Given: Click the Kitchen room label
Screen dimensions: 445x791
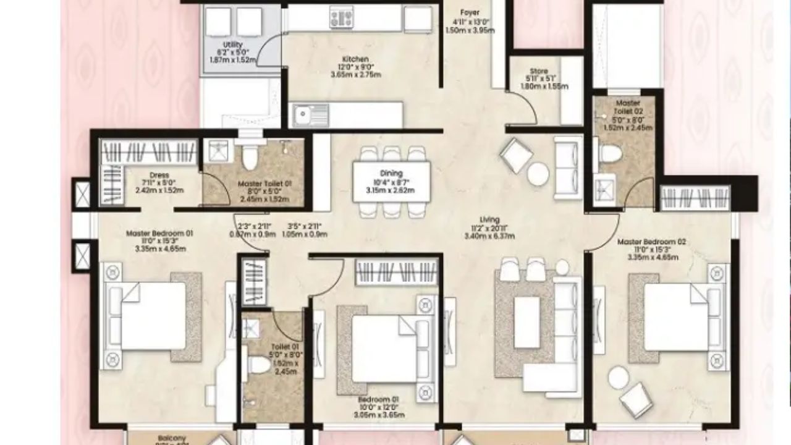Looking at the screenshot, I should point(355,59).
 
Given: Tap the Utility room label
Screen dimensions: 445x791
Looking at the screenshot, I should point(233,44).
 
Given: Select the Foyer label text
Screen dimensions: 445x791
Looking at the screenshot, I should point(470,12).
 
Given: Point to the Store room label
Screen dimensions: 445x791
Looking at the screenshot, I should point(538,72).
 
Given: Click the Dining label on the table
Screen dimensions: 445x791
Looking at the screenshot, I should point(391,174).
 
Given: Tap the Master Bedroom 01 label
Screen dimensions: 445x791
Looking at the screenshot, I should point(160,234).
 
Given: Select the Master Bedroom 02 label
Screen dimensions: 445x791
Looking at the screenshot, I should point(651,242).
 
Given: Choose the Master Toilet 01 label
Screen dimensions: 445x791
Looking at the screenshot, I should point(264,184).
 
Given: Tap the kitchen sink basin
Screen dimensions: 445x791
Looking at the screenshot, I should point(303,114).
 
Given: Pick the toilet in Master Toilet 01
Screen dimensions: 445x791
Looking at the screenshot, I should point(250,158).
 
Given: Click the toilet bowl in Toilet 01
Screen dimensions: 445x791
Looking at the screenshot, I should point(258,365).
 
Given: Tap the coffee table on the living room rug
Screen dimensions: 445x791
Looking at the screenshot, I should point(527,322).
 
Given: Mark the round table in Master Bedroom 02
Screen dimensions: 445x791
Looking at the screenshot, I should point(619,377).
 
